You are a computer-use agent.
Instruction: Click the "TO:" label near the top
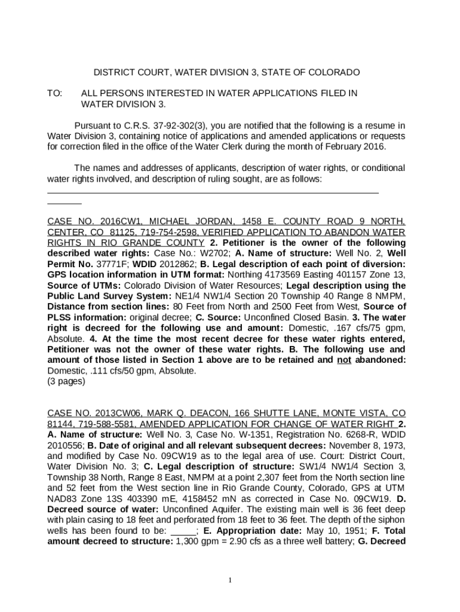[54, 93]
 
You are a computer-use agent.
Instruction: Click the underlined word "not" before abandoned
[344, 360]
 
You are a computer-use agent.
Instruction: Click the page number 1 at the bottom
[230, 580]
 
